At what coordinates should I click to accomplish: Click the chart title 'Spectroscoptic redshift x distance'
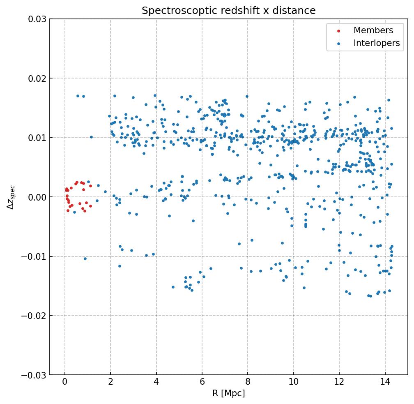pos(228,11)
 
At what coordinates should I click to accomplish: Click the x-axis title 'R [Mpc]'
pos(228,393)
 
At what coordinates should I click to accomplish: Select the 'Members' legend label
pos(373,30)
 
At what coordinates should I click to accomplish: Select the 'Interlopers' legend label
pos(377,43)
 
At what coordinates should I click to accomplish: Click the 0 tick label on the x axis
pos(65,382)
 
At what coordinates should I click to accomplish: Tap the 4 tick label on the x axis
pos(156,382)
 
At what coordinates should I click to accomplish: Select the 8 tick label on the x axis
pos(248,382)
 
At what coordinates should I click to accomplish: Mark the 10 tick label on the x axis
pos(294,382)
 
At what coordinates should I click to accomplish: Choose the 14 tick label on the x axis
pos(385,382)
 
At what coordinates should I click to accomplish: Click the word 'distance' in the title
pos(298,11)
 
